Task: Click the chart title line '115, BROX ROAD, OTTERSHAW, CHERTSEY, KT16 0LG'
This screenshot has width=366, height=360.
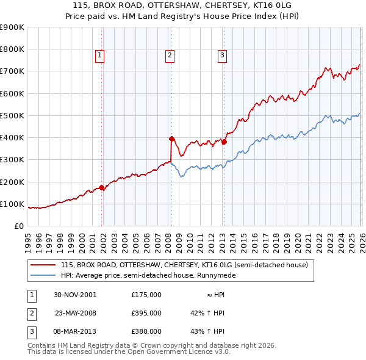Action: tap(183, 6)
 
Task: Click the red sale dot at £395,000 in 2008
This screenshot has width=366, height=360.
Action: tap(171, 138)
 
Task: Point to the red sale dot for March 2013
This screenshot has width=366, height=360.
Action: tap(224, 142)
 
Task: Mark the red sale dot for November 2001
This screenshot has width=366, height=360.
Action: tap(101, 187)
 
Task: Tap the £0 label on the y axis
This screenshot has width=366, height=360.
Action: tap(18, 226)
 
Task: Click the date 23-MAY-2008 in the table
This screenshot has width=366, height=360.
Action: tap(76, 312)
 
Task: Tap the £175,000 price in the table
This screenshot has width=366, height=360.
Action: tap(146, 294)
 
